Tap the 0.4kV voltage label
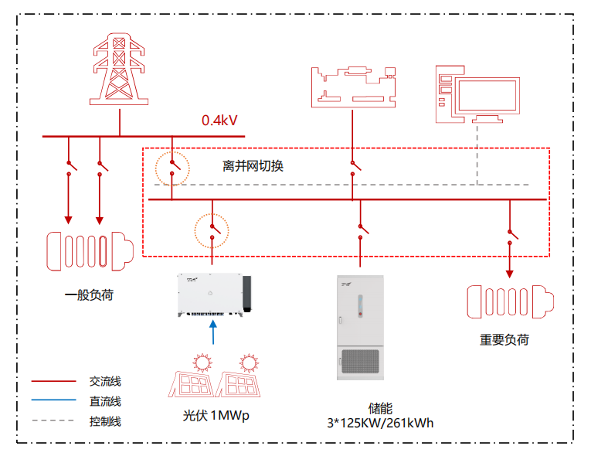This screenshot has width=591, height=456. (x=219, y=121)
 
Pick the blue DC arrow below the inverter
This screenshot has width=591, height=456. (x=215, y=331)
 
